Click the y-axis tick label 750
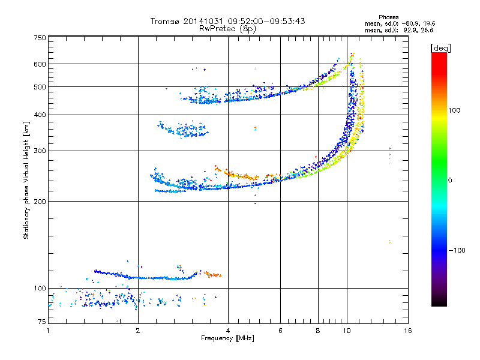(x=40, y=37)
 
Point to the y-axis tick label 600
(x=40, y=64)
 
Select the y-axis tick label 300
(x=40, y=151)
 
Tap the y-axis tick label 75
(x=41, y=322)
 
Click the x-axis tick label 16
(x=408, y=331)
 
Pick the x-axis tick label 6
(x=280, y=331)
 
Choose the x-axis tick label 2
(x=138, y=331)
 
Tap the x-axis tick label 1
(x=48, y=331)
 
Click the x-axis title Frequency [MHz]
(x=227, y=338)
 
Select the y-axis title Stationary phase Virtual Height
(x=26, y=180)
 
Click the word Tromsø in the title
(x=164, y=21)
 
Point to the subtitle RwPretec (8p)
(x=227, y=28)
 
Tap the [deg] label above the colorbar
(x=441, y=47)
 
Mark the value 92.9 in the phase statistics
(x=406, y=29)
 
